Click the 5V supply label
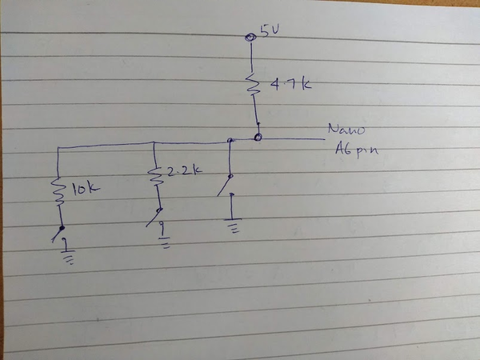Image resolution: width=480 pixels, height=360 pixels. (x=270, y=31)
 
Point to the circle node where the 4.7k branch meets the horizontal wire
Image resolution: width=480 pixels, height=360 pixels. (x=258, y=138)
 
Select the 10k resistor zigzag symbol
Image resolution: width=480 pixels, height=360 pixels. (x=58, y=192)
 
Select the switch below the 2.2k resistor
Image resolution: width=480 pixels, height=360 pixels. (x=155, y=215)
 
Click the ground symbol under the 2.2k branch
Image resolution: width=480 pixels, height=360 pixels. (x=165, y=238)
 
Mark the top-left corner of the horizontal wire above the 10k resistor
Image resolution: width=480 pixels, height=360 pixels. (x=56, y=148)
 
